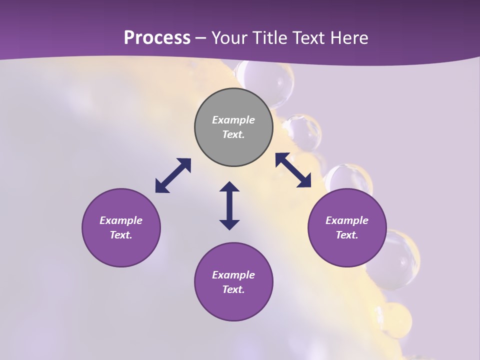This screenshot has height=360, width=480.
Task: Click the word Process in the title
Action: (157, 38)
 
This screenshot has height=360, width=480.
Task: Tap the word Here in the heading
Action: (348, 38)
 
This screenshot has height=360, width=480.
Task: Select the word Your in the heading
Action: (229, 38)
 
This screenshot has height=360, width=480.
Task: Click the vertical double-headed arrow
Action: (229, 205)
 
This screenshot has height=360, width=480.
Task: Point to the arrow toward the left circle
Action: (173, 175)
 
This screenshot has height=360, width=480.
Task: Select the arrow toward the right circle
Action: (293, 170)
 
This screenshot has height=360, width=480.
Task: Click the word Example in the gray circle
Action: (233, 120)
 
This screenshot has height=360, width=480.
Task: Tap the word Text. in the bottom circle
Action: (233, 289)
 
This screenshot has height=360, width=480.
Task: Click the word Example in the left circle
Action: (121, 220)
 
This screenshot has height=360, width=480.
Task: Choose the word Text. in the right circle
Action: (347, 235)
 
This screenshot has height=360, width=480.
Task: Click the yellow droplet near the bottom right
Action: (396, 320)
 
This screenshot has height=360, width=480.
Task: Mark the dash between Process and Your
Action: (201, 38)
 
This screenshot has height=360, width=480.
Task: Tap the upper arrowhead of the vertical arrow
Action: (229, 187)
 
